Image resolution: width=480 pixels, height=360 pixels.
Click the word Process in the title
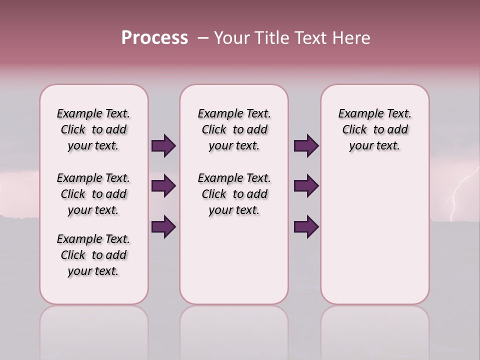[154, 37]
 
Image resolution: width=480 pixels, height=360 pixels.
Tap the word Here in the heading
[352, 38]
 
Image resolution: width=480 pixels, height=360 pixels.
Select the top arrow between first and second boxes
[163, 145]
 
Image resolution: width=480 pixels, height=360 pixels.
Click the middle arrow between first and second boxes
[163, 186]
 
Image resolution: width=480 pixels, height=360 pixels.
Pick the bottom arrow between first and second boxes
[163, 226]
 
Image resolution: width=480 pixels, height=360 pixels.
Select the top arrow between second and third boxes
[306, 145]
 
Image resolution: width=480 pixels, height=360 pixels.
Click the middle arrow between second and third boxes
[306, 186]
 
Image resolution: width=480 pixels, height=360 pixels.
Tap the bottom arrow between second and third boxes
[306, 226]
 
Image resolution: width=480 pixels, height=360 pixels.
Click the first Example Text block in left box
[93, 129]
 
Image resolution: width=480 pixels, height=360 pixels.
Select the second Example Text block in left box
[93, 194]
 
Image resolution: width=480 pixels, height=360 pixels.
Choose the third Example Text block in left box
[93, 255]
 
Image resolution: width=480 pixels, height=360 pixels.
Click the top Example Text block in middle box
[234, 129]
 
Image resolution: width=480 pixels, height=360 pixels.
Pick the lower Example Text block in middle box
[234, 194]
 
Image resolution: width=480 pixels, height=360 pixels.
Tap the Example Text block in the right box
[374, 129]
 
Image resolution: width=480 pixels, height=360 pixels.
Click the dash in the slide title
[203, 38]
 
